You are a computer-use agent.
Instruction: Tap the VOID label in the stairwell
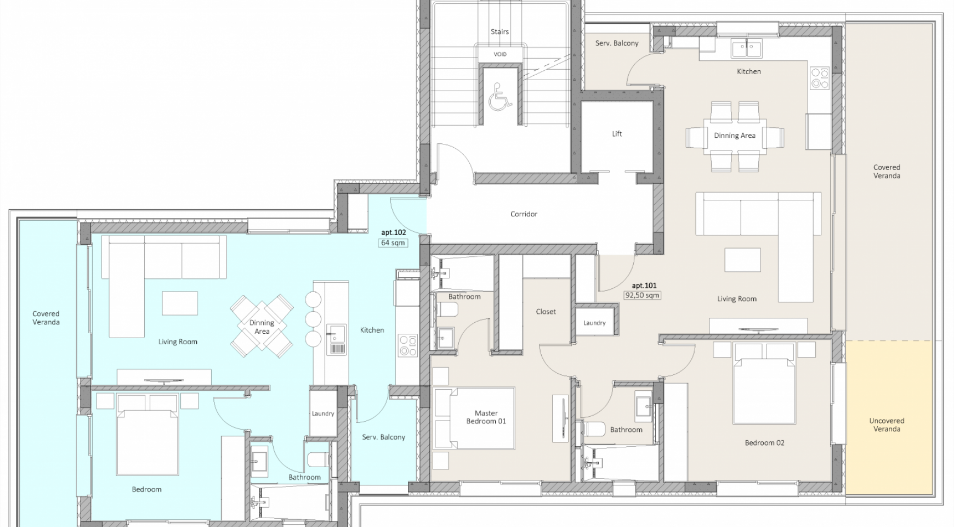pos(500,54)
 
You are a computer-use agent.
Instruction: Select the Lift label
pos(617,134)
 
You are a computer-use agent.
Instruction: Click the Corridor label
pos(524,214)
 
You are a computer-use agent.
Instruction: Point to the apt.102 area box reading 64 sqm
pos(393,243)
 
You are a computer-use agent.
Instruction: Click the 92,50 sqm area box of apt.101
pos(643,295)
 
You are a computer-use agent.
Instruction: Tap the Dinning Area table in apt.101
pos(734,135)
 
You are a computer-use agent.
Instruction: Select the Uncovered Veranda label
pos(887,425)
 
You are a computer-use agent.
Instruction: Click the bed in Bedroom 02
pos(764,383)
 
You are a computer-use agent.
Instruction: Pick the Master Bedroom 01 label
pos(486,417)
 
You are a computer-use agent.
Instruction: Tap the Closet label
pos(546,312)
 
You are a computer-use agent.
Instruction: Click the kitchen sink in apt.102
pos(336,338)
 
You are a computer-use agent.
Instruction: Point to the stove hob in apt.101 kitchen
pos(820,77)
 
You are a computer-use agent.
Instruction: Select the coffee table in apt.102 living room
pos(179,303)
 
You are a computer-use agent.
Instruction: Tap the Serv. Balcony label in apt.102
pos(384,438)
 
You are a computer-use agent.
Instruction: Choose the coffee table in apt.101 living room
pos(742,260)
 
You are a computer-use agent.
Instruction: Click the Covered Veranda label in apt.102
pos(46,318)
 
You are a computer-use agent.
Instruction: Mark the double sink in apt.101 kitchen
pos(746,48)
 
